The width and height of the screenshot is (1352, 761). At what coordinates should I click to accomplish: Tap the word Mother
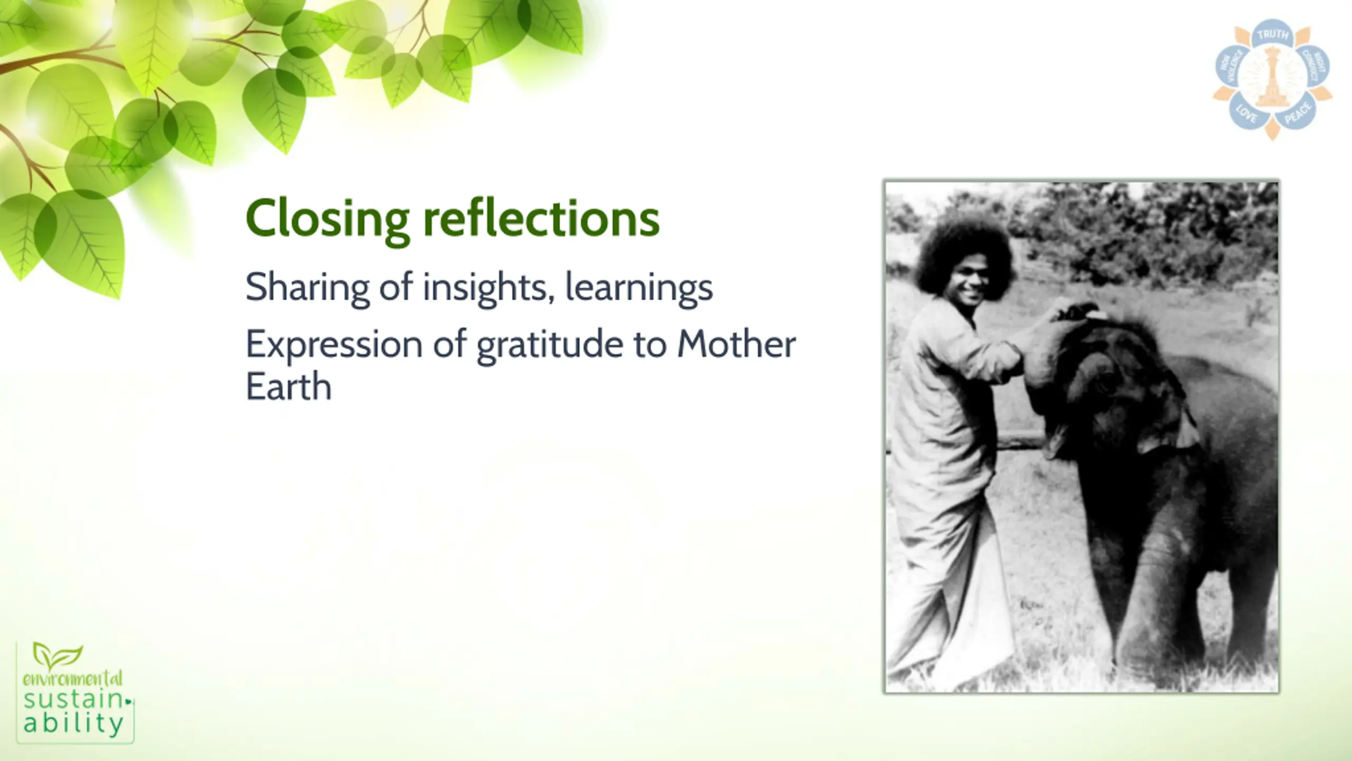tap(736, 344)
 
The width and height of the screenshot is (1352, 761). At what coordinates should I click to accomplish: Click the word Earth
tap(288, 386)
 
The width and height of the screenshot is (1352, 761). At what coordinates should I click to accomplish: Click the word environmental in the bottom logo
tap(73, 679)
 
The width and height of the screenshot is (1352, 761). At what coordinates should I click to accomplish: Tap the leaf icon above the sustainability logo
tap(57, 654)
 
